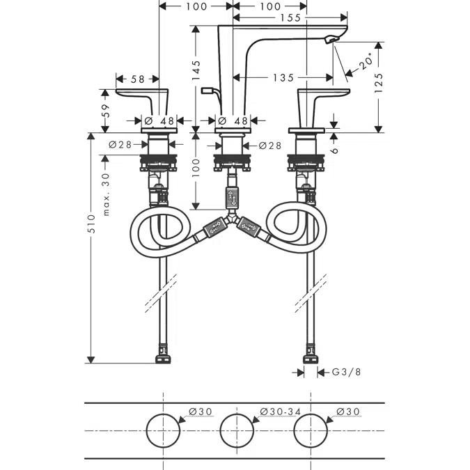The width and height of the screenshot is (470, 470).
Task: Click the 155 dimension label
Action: coord(290,17)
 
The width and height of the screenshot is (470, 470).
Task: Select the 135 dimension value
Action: coord(283,78)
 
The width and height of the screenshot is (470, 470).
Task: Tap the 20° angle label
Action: coord(366,61)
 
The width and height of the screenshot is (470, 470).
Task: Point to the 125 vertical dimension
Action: coord(379,83)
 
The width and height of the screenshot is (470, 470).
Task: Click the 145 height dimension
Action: coord(196,70)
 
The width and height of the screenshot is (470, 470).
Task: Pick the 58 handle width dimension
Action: coord(138,79)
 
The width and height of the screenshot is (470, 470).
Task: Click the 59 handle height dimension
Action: coord(106,110)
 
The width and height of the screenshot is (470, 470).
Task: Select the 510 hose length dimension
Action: coord(91,224)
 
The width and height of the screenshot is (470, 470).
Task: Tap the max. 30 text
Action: coord(106,194)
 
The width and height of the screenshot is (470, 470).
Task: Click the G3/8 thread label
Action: coord(346,372)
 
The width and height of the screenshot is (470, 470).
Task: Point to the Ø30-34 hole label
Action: coord(281,412)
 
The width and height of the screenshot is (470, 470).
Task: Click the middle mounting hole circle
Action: coord(237,414)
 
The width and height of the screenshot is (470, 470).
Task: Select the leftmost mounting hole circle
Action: coord(163,414)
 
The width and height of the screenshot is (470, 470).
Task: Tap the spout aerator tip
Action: coord(331,39)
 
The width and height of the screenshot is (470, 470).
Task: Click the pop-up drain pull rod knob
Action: coord(207,90)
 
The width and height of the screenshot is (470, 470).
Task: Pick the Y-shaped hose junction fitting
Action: coord(230,218)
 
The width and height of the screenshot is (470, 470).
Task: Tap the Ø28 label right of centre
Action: coord(269,146)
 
